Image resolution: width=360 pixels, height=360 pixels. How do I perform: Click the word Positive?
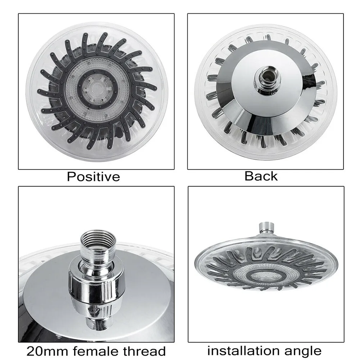pos(94,177)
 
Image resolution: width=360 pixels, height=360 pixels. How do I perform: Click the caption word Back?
pos(261,176)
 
